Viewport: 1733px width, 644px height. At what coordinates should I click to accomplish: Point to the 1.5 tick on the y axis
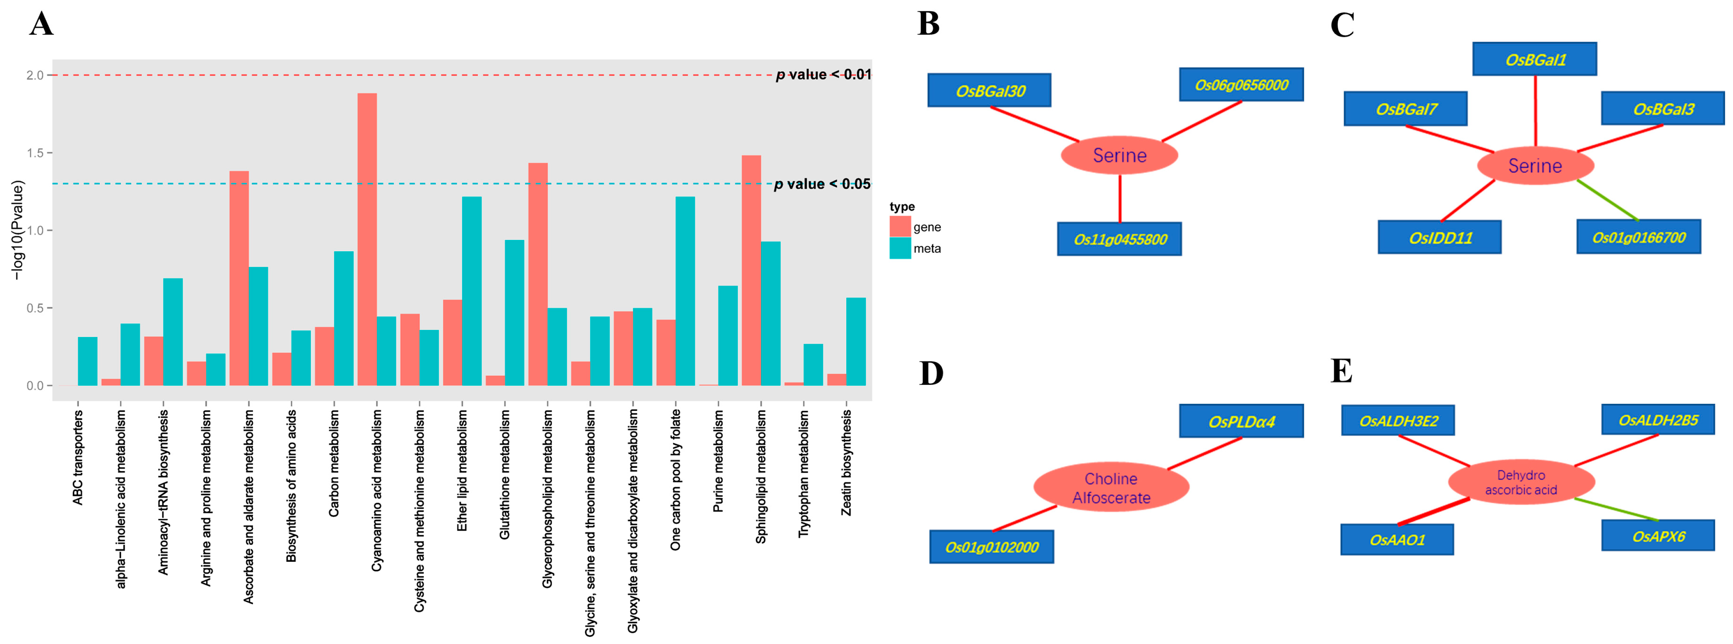(35, 153)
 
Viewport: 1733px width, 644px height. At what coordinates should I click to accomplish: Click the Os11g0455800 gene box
(1119, 239)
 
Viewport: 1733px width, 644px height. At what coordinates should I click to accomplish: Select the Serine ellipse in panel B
(1119, 155)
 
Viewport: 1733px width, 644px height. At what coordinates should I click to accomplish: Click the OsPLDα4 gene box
(1241, 421)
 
